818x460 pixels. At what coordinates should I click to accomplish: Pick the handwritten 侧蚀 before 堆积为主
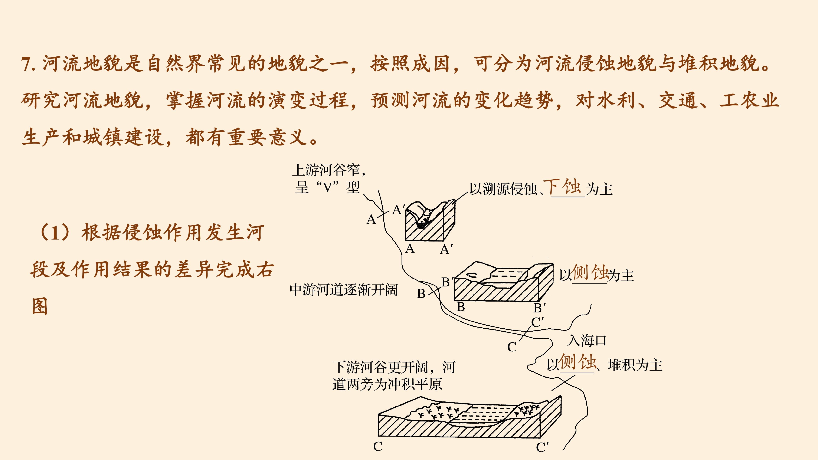[578, 362]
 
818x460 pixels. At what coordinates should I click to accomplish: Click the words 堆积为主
[635, 365]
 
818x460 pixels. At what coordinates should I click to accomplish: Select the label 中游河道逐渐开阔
[344, 290]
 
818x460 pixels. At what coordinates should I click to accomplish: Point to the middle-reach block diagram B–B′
[504, 282]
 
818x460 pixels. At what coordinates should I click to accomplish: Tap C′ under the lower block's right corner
[542, 447]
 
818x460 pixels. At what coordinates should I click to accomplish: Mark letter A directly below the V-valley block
[410, 249]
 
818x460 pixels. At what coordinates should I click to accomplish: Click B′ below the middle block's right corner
[540, 308]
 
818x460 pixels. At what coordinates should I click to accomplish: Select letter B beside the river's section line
[421, 294]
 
